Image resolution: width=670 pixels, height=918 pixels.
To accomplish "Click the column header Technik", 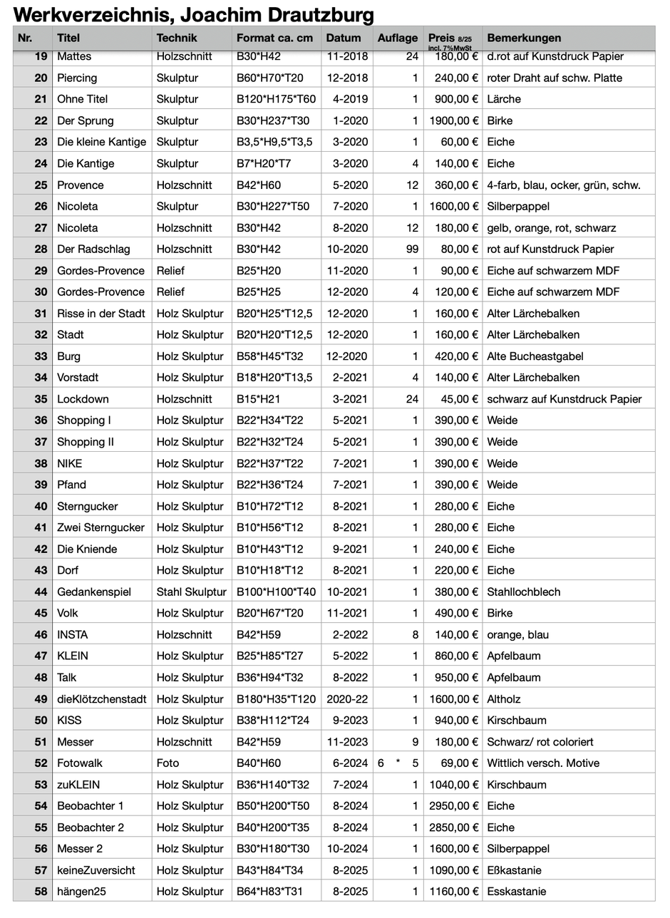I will pos(177,38).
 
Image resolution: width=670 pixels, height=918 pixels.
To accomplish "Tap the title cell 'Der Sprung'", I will pos(86,120).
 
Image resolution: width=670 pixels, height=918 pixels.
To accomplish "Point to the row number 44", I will pos(41,592).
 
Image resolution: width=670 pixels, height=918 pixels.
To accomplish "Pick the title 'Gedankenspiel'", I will pos(94,592).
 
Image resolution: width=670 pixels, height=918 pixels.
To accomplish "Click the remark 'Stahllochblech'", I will pos(524,592).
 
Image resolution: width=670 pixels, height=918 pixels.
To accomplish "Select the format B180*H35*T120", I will pos(277,698).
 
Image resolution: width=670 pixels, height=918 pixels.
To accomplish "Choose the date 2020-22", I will pos(347,698).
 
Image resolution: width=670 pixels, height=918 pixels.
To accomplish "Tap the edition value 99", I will pos(411,249).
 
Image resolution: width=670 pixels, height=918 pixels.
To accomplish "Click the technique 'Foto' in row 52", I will pos(168,763).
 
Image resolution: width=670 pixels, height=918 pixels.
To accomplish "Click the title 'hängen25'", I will pos(81,891).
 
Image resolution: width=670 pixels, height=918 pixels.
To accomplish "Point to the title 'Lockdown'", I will pos(83,399).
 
